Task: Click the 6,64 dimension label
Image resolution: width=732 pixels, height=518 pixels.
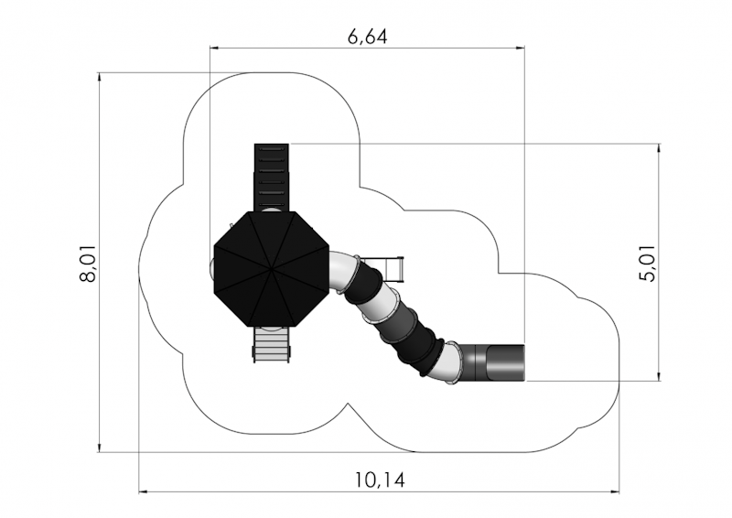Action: pyautogui.click(x=368, y=37)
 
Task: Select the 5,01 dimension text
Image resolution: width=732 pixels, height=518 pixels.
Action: pyautogui.click(x=647, y=263)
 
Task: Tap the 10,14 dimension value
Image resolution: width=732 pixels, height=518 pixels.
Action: pyautogui.click(x=380, y=480)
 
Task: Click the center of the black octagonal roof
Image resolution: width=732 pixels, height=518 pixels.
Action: pyautogui.click(x=271, y=269)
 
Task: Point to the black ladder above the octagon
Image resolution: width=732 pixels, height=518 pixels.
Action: pyautogui.click(x=271, y=178)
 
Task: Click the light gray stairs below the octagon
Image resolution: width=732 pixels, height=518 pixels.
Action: pyautogui.click(x=271, y=345)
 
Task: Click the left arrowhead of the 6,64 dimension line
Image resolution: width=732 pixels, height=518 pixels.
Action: pyautogui.click(x=213, y=48)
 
